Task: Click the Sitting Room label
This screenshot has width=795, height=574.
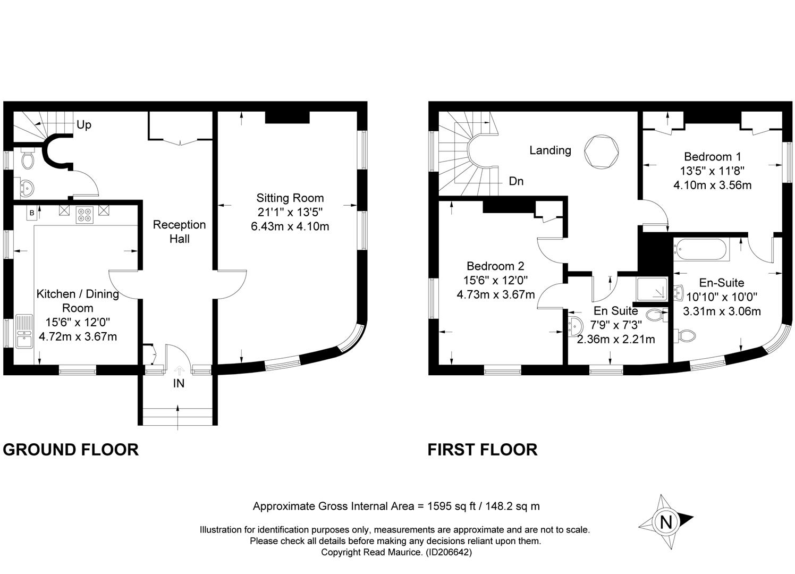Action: (290, 198)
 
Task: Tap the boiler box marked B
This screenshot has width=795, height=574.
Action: (31, 213)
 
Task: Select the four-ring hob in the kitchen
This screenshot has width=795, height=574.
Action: (85, 215)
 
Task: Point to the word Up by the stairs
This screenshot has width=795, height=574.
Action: (84, 125)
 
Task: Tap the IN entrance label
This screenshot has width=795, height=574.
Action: (179, 383)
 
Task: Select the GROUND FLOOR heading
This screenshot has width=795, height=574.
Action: (71, 450)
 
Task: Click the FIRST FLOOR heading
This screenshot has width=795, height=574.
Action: (483, 450)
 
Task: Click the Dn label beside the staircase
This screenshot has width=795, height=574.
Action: (516, 181)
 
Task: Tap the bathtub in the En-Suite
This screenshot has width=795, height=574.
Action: (701, 250)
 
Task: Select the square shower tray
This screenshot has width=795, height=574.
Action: (652, 289)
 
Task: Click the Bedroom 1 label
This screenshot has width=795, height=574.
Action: (713, 157)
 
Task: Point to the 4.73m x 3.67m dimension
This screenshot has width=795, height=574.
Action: (495, 294)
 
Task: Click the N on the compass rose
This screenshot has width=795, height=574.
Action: (666, 522)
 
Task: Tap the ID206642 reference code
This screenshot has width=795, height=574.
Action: (449, 552)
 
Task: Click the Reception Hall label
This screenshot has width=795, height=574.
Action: (180, 232)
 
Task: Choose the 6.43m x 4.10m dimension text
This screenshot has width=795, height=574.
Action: (290, 226)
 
